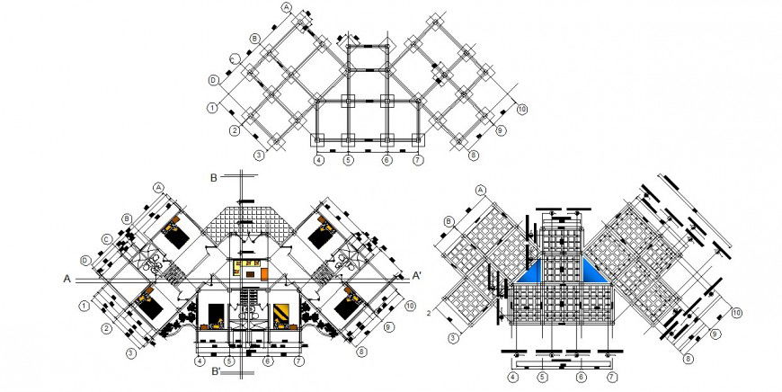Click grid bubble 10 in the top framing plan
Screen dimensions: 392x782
point(521,110)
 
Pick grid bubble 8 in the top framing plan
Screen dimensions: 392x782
point(474,155)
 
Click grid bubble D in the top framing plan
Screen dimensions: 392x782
point(214,80)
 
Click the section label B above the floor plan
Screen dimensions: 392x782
point(214,176)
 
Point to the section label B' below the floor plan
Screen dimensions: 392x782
point(215,371)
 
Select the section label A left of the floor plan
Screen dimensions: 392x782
point(67,279)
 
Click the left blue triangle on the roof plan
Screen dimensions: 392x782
point(535,272)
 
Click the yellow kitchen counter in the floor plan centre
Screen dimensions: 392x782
point(247,266)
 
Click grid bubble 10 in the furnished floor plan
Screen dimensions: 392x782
point(409,307)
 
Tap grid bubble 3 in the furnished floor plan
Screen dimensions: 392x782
point(130,353)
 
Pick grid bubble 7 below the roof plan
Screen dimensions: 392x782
point(610,378)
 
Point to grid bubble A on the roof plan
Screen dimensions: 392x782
point(480,190)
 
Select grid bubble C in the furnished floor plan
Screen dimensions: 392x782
point(107,239)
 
